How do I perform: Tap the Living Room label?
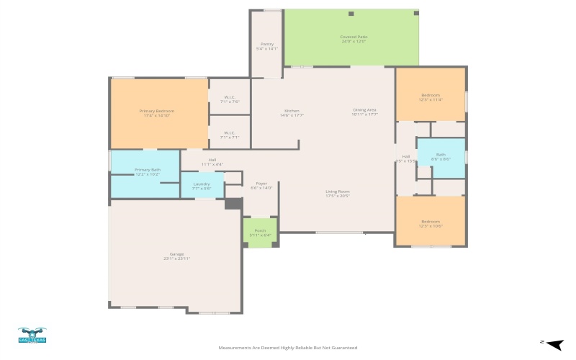337,193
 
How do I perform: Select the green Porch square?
260,233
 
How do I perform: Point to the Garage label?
176,256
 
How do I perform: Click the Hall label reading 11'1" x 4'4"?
212,162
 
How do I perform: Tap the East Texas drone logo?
32,335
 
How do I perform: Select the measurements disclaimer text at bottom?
287,348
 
